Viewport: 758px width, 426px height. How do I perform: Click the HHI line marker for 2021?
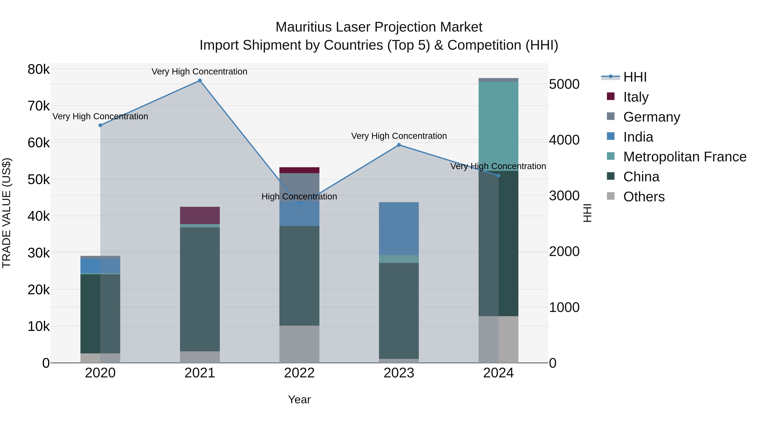click(x=200, y=81)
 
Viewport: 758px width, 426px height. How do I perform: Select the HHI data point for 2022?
click(x=300, y=205)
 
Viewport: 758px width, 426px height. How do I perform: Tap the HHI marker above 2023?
click(x=399, y=145)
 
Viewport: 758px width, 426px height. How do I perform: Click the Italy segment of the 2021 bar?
click(x=200, y=215)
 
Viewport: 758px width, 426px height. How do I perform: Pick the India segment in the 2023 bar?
click(x=399, y=228)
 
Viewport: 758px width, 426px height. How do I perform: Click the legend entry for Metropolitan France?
click(x=685, y=157)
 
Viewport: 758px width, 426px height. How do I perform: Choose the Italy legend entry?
click(x=636, y=97)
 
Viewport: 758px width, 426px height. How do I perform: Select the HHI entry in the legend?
click(x=634, y=77)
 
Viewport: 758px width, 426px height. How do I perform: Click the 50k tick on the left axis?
click(x=39, y=180)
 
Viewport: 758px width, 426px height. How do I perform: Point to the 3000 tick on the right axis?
click(x=564, y=196)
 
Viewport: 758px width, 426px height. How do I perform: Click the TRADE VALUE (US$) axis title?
click(x=7, y=213)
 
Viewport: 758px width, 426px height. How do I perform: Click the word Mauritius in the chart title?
click(x=303, y=27)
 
